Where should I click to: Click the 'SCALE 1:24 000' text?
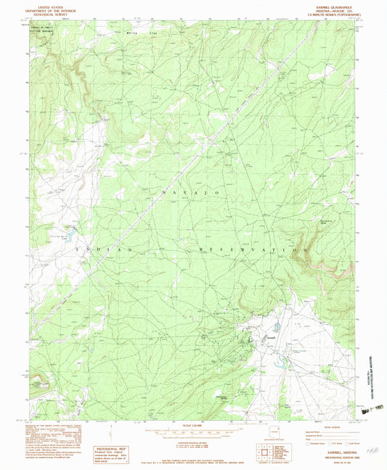[x=187, y=424]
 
